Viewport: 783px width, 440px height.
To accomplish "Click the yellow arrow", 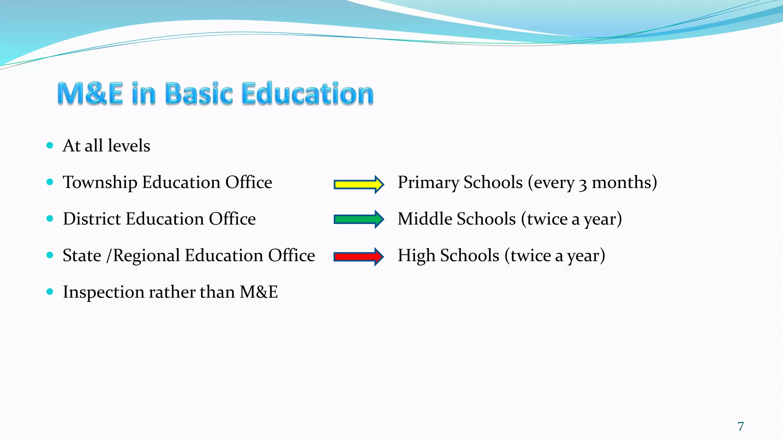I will (x=358, y=185).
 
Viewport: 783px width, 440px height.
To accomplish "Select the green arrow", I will (x=358, y=219).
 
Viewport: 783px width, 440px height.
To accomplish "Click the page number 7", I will (x=741, y=426).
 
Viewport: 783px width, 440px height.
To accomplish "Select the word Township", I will (x=100, y=183).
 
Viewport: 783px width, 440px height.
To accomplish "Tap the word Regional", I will (x=146, y=256).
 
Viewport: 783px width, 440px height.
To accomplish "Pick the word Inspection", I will (x=103, y=293).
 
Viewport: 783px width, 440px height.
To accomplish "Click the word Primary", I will (x=428, y=183).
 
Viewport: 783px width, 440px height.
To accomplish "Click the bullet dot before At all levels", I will (x=50, y=145).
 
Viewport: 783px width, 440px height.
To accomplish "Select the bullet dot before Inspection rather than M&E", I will (x=50, y=292).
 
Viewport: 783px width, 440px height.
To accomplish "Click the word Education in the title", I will (x=308, y=94).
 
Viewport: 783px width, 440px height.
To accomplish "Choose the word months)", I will (x=624, y=183).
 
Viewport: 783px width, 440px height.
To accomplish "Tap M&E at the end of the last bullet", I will (x=258, y=293).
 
